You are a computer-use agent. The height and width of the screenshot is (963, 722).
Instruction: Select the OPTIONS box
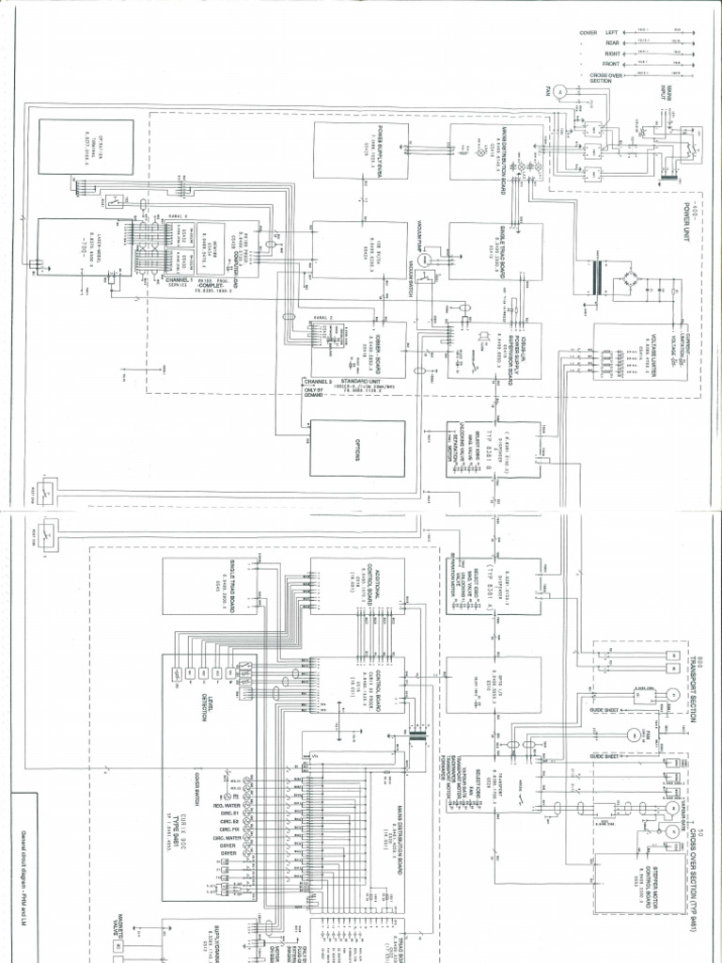click(x=358, y=450)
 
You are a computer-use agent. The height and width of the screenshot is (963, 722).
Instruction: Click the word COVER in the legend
click(x=589, y=32)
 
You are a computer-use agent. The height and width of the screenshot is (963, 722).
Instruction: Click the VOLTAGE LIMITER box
click(x=646, y=358)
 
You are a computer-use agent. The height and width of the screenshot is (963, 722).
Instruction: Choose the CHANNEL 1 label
click(x=178, y=279)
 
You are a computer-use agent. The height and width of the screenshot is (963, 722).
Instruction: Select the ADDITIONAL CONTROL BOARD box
click(x=358, y=586)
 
